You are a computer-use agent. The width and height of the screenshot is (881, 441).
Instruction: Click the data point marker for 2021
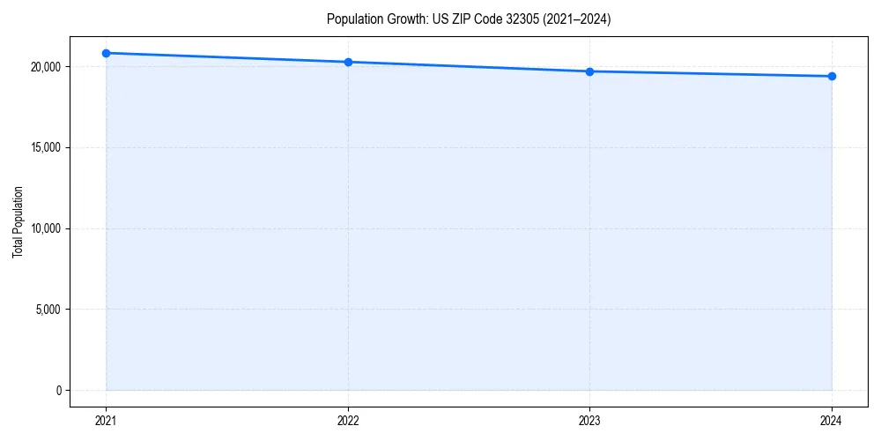(x=106, y=53)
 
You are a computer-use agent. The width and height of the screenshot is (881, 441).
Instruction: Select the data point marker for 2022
(x=348, y=62)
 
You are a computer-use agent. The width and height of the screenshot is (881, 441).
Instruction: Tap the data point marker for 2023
(x=589, y=71)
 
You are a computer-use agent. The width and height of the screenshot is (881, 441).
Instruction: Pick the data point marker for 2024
(x=832, y=76)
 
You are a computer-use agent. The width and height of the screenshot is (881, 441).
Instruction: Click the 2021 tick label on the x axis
(x=106, y=421)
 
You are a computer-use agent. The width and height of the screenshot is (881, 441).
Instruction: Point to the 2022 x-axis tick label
(x=348, y=421)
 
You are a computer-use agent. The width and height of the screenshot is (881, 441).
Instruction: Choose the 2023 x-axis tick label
(x=589, y=421)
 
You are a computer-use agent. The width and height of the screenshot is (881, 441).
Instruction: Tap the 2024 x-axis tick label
(x=832, y=421)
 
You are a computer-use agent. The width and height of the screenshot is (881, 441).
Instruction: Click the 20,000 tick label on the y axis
(x=43, y=67)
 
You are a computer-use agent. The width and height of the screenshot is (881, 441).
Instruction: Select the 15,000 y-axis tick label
(x=43, y=147)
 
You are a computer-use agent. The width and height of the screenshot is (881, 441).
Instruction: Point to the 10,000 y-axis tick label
(x=43, y=228)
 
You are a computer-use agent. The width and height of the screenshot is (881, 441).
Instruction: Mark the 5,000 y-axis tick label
(x=46, y=310)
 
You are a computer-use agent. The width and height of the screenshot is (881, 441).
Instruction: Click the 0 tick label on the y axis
(x=57, y=390)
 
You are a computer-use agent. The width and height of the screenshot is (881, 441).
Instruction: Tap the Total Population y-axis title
(x=18, y=221)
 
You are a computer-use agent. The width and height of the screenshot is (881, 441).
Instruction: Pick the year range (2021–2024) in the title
(x=572, y=19)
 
